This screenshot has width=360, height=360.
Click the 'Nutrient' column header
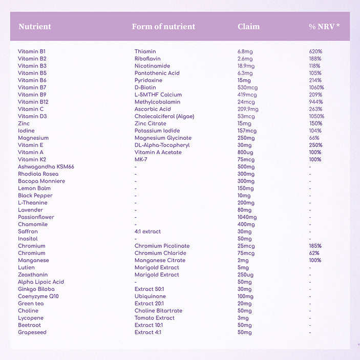[35, 27]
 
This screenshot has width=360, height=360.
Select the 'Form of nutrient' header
[163, 27]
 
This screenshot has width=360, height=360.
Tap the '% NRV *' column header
[324, 27]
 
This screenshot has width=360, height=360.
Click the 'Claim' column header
[248, 27]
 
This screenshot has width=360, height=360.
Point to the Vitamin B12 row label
[33, 102]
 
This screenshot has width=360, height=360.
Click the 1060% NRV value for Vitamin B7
[316, 88]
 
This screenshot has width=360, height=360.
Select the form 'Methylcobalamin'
[157, 102]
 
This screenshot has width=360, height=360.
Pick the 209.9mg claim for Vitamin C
[248, 109]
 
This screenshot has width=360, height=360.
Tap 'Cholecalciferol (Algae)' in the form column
[164, 116]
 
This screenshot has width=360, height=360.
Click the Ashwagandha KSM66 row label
[46, 167]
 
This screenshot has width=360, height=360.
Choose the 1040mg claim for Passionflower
[247, 217]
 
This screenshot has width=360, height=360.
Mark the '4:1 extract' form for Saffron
[147, 231]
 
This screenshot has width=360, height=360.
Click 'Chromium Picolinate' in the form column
[162, 246]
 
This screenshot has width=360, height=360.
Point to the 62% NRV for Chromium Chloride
[314, 253]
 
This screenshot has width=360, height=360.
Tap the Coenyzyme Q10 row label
[38, 296]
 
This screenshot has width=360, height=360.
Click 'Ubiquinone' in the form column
[150, 296]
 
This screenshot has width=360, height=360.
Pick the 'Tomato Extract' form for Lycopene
[155, 317]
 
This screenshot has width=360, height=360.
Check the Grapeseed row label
[32, 332]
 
